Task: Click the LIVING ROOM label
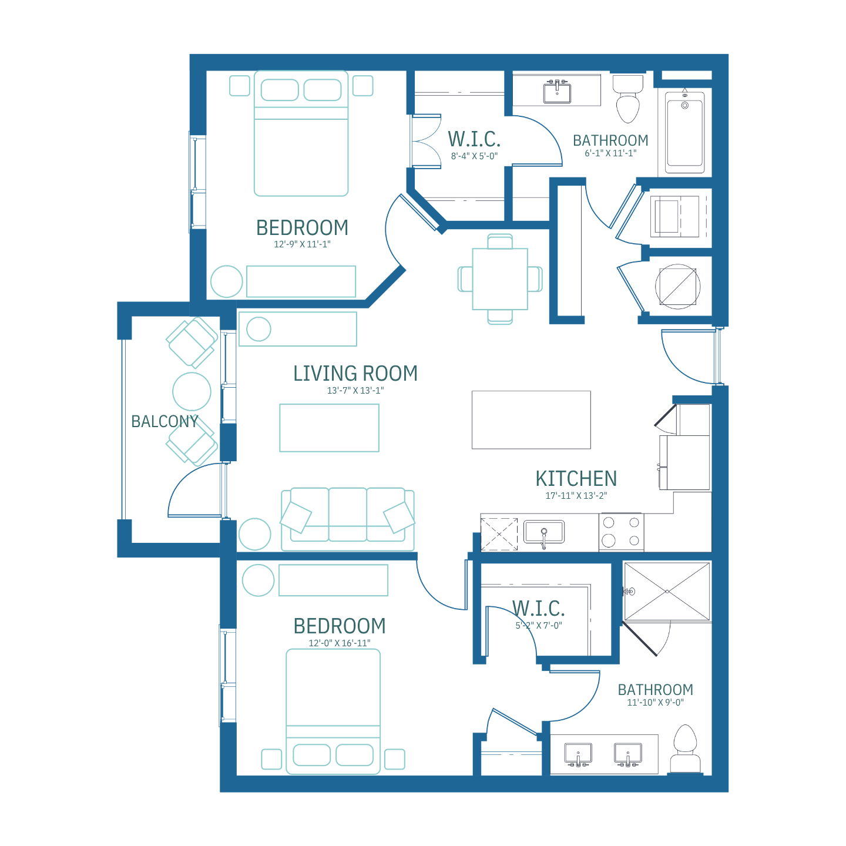coord(355,374)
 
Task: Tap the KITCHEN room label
coord(576,479)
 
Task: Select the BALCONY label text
coord(164,421)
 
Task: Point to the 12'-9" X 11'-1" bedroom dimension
coord(302,244)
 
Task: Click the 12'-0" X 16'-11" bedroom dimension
coord(340,643)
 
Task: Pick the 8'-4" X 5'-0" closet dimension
coord(474,156)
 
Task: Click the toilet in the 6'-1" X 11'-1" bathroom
coord(628,99)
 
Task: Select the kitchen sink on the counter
coord(544,532)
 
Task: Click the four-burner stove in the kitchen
coord(621,532)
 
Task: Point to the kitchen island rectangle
coord(531,419)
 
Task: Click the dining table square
coord(500,279)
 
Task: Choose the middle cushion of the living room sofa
coord(348,514)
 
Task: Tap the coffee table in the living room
coord(329,428)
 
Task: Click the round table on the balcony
coord(192,392)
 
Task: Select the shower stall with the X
coord(667,592)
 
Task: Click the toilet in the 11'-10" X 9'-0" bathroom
coord(685,748)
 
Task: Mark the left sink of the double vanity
coord(578,754)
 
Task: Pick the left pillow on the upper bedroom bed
coord(280,90)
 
